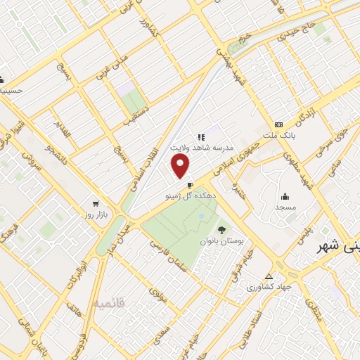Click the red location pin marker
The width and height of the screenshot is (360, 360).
tap(181, 167)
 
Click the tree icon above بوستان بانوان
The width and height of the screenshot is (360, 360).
tap(222, 229)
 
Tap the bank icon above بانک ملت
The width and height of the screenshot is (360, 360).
tap(279, 124)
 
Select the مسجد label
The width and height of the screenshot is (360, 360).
tap(286, 207)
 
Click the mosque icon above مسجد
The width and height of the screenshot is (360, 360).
tap(285, 196)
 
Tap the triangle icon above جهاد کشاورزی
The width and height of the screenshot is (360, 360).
tap(269, 276)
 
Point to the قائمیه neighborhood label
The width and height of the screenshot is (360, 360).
tap(110, 304)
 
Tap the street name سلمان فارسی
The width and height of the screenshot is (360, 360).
tap(172, 255)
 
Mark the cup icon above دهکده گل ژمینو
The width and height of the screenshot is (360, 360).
tap(190, 186)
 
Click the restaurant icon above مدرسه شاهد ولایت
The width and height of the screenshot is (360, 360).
tap(200, 137)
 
